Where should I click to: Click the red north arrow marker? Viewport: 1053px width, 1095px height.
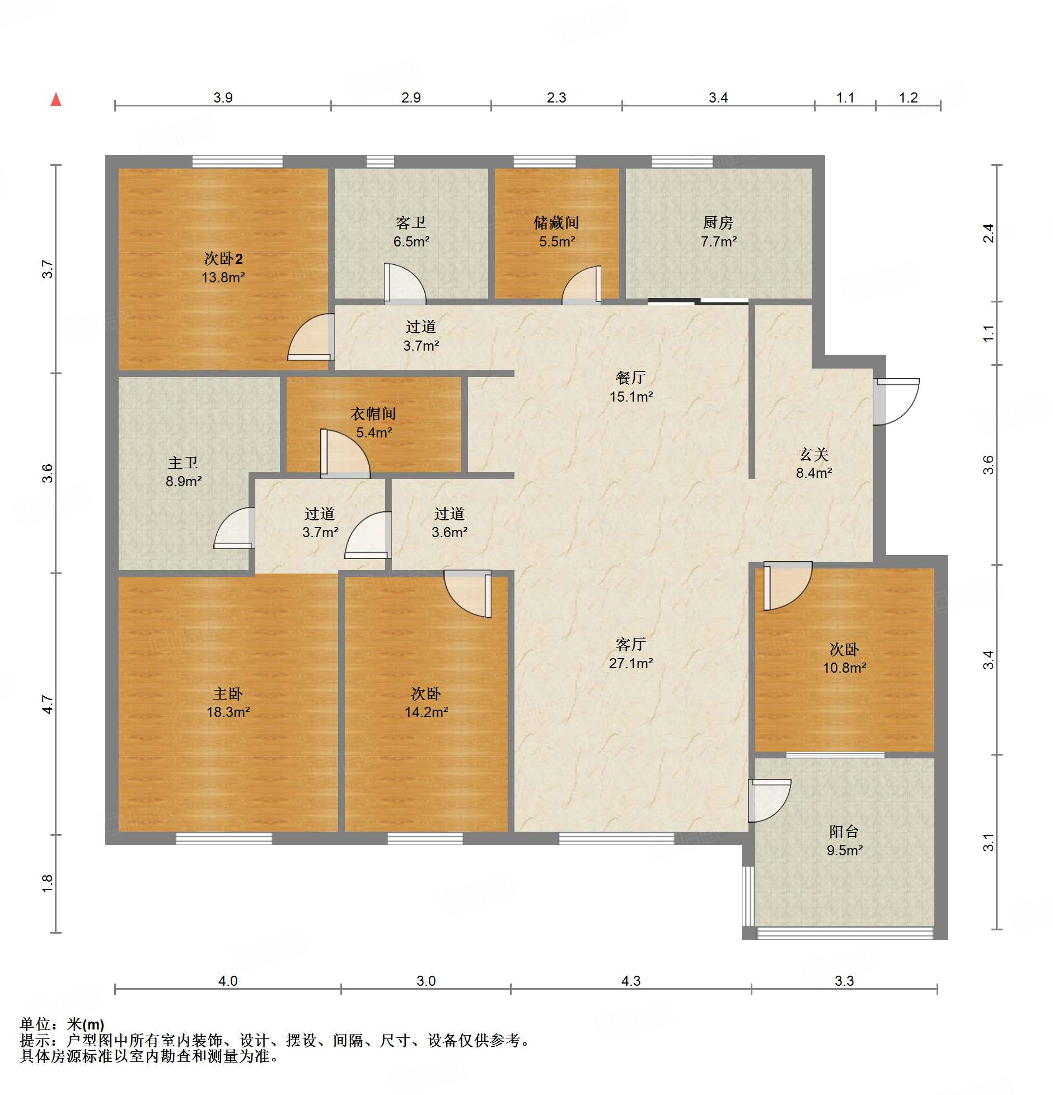click(56, 100)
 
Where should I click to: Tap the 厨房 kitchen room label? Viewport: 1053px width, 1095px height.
click(718, 223)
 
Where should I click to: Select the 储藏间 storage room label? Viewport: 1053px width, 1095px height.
click(556, 223)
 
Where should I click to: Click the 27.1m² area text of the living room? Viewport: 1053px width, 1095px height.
click(631, 663)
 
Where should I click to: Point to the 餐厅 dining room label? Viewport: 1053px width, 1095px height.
click(631, 378)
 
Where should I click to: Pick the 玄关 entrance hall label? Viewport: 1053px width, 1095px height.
click(814, 454)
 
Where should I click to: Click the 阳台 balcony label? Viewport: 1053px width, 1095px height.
click(844, 832)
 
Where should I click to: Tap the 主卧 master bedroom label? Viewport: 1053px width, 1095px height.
click(228, 694)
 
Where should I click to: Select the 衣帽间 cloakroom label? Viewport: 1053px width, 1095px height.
click(373, 414)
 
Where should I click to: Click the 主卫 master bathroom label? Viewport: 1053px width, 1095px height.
click(183, 463)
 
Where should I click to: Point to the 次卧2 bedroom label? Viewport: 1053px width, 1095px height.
click(223, 259)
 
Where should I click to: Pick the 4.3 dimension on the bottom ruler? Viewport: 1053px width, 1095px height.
click(631, 981)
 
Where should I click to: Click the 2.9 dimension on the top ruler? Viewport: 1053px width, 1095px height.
click(411, 97)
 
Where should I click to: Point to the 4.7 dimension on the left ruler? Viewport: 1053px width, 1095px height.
click(48, 705)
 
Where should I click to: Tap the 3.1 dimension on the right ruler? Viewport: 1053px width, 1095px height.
click(989, 843)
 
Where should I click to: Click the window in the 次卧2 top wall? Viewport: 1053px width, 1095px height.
click(237, 162)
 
